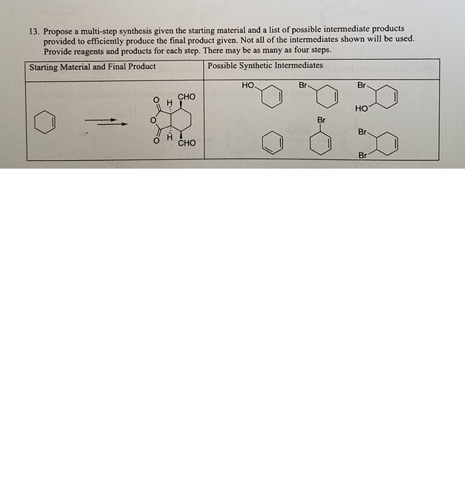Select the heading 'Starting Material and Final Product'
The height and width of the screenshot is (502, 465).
[x=93, y=67]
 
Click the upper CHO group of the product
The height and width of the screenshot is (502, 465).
[x=187, y=97]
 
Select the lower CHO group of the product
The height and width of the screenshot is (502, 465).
[x=188, y=143]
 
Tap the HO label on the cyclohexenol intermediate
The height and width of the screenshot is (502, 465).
[x=248, y=84]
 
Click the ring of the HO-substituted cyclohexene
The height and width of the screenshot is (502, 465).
[x=271, y=97]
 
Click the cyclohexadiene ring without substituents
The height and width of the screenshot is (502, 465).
[x=272, y=143]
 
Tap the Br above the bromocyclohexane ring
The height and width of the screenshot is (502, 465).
[x=321, y=120]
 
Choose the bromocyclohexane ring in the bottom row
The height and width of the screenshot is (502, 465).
[x=322, y=143]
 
